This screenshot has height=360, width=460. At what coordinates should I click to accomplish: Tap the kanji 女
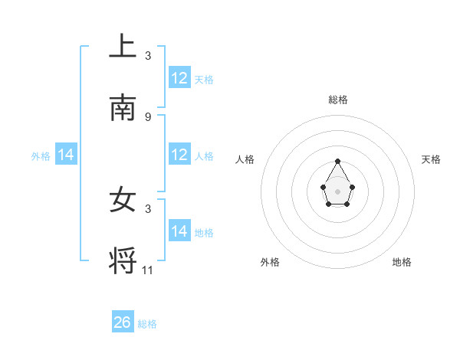[123, 201]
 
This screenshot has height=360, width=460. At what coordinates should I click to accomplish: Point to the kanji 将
[123, 260]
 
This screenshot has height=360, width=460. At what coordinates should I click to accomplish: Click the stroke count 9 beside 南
[148, 117]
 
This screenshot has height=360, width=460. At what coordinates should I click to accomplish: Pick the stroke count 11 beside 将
[148, 270]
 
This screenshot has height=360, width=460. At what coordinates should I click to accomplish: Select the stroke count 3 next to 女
[148, 208]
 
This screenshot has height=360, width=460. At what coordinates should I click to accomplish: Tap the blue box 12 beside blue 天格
[179, 78]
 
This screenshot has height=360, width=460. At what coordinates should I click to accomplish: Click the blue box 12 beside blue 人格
[179, 155]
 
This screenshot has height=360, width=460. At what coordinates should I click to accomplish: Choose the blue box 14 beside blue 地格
[179, 231]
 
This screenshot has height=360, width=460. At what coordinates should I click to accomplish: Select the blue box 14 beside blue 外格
[66, 155]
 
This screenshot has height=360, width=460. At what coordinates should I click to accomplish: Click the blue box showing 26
[123, 322]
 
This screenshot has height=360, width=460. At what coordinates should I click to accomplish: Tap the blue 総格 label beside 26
[147, 324]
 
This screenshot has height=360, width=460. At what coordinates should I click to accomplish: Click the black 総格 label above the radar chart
[338, 100]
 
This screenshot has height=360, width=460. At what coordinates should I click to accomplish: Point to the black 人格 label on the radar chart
[245, 159]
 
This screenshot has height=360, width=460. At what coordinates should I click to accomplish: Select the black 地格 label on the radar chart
[402, 263]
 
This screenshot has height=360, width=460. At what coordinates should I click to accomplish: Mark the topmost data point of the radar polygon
[338, 162]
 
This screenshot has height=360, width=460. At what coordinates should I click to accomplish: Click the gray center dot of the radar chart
[338, 190]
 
